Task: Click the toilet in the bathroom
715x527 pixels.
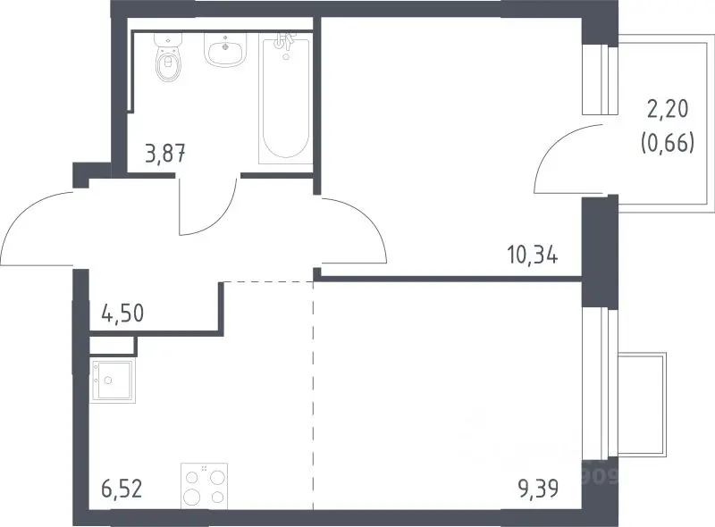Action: (168, 57)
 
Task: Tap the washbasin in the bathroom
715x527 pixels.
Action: (225, 51)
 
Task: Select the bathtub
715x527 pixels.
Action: (285, 99)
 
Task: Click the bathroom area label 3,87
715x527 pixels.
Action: (165, 154)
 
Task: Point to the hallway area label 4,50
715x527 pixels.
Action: (122, 314)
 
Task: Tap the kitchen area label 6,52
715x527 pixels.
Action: (122, 489)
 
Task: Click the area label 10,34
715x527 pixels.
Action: (532, 255)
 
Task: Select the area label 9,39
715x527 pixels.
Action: (538, 489)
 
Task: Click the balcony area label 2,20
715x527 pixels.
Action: (668, 109)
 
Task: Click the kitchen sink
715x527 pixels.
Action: (114, 381)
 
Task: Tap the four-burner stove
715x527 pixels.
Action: (205, 486)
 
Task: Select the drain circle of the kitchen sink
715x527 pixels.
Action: (108, 381)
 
